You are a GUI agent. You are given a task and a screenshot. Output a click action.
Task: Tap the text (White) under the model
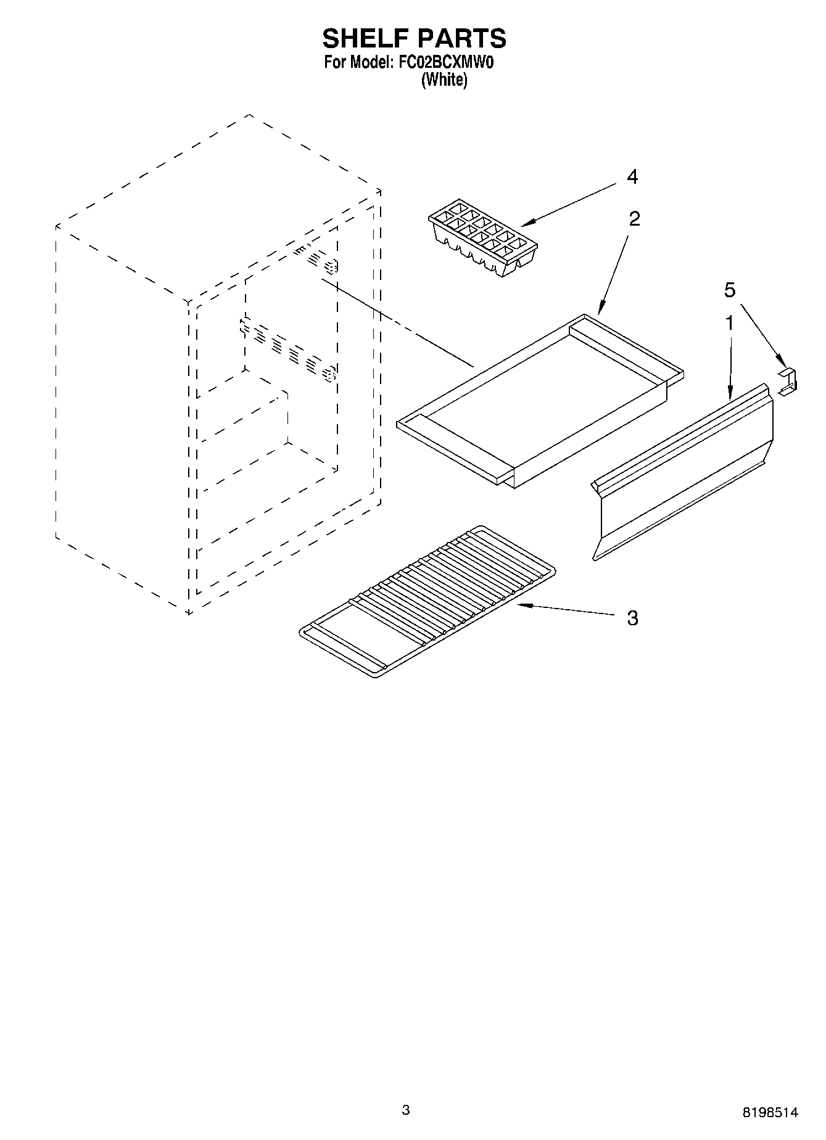(x=444, y=80)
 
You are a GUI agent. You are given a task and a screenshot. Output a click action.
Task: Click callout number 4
(x=632, y=177)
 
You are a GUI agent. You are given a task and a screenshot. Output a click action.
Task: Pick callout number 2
(x=634, y=218)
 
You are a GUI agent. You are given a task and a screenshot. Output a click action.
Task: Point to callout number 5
(x=730, y=290)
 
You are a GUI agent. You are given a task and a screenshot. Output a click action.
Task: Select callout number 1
(x=729, y=322)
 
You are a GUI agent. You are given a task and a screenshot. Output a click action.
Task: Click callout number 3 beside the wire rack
(x=632, y=617)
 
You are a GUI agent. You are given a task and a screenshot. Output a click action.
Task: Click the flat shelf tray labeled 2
(x=540, y=401)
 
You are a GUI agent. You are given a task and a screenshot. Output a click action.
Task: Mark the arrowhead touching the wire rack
(x=521, y=605)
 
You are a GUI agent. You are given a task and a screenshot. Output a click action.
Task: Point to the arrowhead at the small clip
(x=781, y=364)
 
